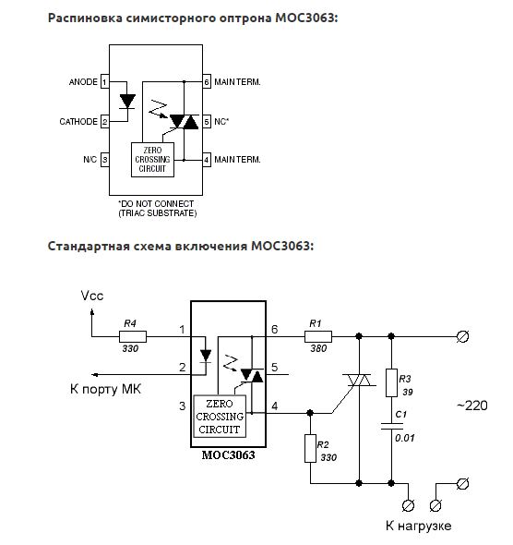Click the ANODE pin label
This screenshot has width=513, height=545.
coord(83,82)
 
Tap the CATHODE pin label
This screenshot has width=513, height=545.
coord(78,122)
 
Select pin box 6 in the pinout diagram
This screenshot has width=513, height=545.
coord(207,82)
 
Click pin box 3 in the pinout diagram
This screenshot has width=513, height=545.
coord(105,160)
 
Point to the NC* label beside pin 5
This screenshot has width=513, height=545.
coord(221,122)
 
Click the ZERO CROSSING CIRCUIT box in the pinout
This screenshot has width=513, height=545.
coord(153,160)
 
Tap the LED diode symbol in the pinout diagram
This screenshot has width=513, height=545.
coord(127,102)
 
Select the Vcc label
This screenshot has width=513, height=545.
coord(92,296)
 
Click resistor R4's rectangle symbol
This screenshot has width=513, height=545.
coord(133,336)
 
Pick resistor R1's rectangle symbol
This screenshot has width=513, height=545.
coord(318,336)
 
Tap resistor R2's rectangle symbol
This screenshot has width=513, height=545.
coord(310,448)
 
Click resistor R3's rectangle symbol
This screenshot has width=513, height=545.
coord(391,383)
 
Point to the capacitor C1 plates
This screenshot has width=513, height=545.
coord(391,426)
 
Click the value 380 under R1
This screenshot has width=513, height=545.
coord(318,348)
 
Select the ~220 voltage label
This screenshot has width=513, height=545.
coord(472,406)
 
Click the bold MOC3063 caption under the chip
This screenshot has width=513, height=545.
coord(229,455)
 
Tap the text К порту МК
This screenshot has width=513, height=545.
coord(105,389)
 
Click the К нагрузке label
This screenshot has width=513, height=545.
coord(419,526)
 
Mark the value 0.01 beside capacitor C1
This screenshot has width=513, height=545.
coord(405,438)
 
